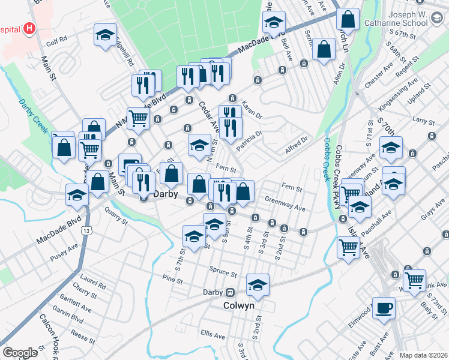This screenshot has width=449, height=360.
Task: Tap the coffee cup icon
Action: (x=384, y=307)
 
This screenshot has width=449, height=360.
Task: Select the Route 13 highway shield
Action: (x=88, y=230)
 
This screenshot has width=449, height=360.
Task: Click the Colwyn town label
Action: (x=239, y=305)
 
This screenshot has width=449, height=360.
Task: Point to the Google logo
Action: (x=20, y=353)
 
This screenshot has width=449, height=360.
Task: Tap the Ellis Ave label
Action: (x=212, y=332)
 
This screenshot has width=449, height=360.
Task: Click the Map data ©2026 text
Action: (x=423, y=355)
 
